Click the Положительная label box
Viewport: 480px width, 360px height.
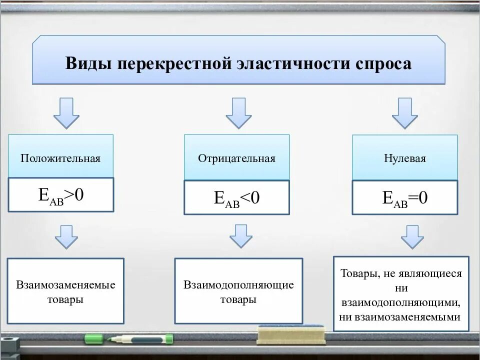coord(60,158)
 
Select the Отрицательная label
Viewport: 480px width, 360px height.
coord(236,158)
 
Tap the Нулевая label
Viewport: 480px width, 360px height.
coord(404,158)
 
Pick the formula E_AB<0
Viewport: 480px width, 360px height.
coord(236,198)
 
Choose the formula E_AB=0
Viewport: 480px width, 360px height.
coord(404,198)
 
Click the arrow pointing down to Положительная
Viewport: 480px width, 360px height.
coord(66,113)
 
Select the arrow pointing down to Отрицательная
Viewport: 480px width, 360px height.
coord(238,113)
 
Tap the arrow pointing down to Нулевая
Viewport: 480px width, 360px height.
coord(404,113)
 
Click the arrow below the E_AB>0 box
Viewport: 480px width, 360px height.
coord(66,236)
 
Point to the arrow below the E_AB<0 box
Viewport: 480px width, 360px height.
coord(241,236)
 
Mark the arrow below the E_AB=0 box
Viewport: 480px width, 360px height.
coord(412,236)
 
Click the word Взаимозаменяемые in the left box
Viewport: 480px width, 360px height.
coord(65,285)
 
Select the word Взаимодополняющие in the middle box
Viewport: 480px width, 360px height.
coord(238,285)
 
